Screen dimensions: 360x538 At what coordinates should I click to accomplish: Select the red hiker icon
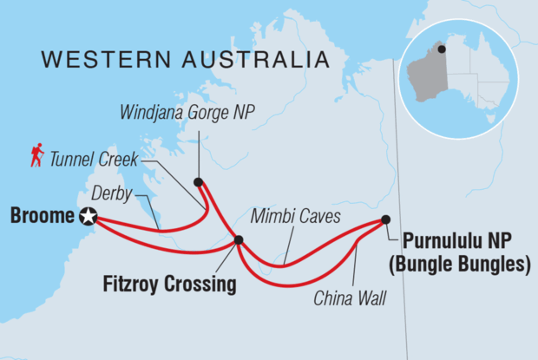coord(36,155)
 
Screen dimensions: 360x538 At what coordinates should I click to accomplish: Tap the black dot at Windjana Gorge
coord(198,182)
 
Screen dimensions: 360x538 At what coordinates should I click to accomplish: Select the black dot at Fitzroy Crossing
coord(239,240)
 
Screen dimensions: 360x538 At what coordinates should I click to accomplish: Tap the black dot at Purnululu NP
coord(385,219)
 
